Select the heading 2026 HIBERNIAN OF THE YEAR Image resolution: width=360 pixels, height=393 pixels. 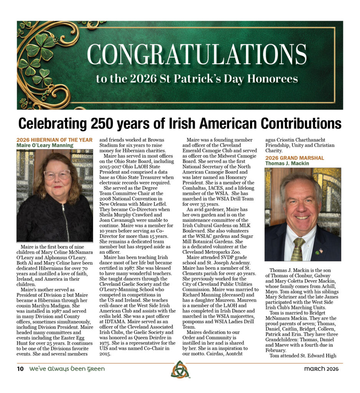[54, 140]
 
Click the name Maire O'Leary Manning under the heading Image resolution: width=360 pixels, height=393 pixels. [45, 145]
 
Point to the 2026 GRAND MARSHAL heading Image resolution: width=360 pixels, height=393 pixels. [295, 158]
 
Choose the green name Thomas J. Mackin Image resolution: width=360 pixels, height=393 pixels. [287, 163]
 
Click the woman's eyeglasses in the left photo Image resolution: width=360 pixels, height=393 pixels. [57, 175]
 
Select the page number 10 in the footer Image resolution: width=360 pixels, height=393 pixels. [20, 369]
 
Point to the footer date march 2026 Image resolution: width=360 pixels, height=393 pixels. [321, 369]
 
